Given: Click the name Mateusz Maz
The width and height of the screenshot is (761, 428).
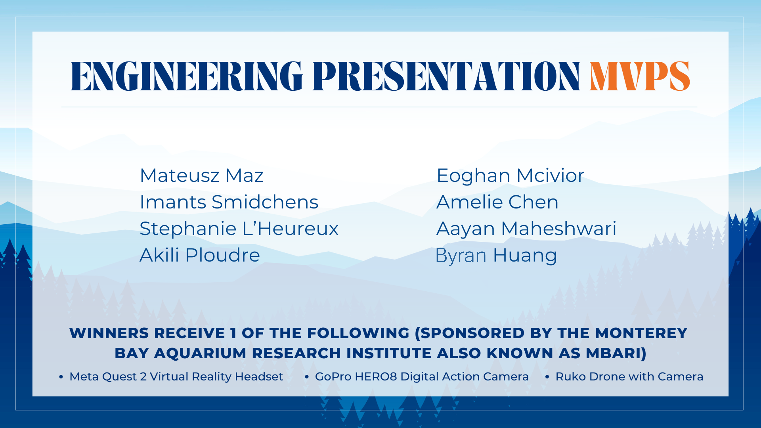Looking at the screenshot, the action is pyautogui.click(x=201, y=176).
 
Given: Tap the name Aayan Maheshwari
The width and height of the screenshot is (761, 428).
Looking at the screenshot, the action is pyautogui.click(x=526, y=229).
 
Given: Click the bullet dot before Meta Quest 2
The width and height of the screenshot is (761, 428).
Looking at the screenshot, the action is pyautogui.click(x=61, y=377).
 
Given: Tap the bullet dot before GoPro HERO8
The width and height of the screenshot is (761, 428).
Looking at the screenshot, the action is pyautogui.click(x=307, y=377).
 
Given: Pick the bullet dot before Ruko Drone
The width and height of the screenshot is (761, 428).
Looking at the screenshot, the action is pyautogui.click(x=547, y=377).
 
